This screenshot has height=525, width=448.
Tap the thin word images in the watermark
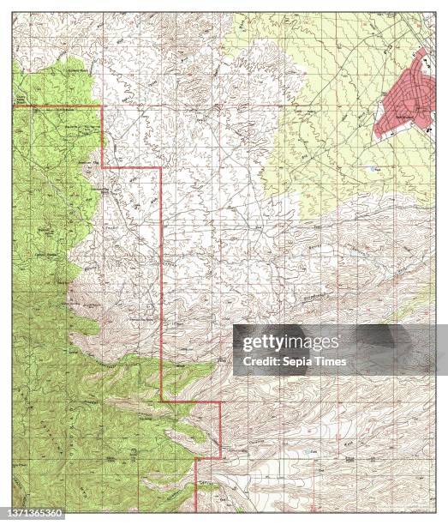pyautogui.click(x=314, y=343)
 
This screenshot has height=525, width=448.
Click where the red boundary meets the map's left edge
pyautogui.click(x=13, y=106)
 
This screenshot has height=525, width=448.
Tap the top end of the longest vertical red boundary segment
pyautogui.click(x=162, y=168)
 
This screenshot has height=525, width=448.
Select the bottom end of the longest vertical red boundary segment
pyautogui.click(x=162, y=400)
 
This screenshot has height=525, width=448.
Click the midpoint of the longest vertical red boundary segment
pyautogui.click(x=162, y=284)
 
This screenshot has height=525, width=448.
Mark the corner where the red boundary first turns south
pyautogui.click(x=103, y=106)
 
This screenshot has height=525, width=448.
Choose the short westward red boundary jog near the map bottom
pyautogui.click(x=207, y=458)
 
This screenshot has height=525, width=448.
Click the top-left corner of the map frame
pyautogui.click(x=13, y=13)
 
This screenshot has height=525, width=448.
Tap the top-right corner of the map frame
pyautogui.click(x=435, y=13)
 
